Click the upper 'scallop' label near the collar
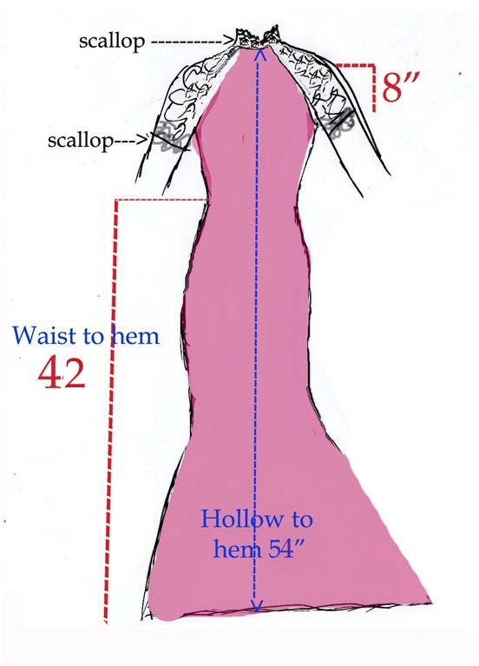point(112,42)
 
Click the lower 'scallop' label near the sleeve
point(80,140)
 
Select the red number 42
point(62,373)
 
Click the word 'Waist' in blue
point(45,334)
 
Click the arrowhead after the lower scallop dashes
point(146,139)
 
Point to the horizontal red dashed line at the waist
point(161,200)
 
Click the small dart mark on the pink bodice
point(243,140)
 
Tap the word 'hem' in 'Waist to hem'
point(135,334)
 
